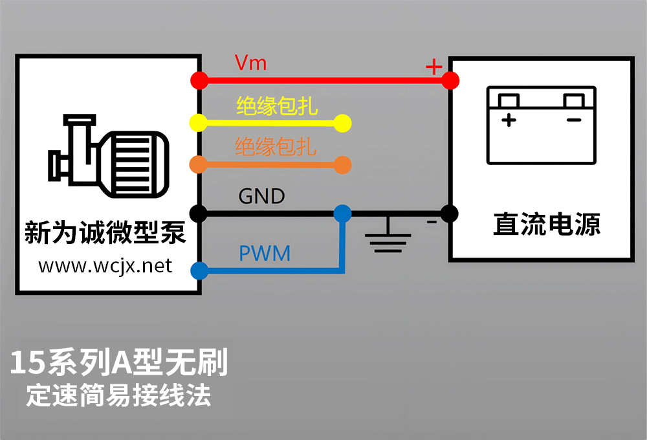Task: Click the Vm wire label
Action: tap(250, 63)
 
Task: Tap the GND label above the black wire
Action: tap(261, 196)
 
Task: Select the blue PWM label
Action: tap(265, 253)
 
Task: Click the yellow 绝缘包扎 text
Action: tap(277, 105)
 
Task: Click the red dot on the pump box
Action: tap(199, 80)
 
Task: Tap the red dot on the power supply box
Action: tap(450, 80)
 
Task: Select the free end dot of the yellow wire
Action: tap(342, 122)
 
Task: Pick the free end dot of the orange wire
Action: tap(342, 164)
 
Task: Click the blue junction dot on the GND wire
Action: tap(342, 213)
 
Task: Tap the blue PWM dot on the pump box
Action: tap(199, 270)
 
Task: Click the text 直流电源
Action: tap(547, 224)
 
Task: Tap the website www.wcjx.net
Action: tap(105, 266)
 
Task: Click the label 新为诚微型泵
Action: tap(105, 232)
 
